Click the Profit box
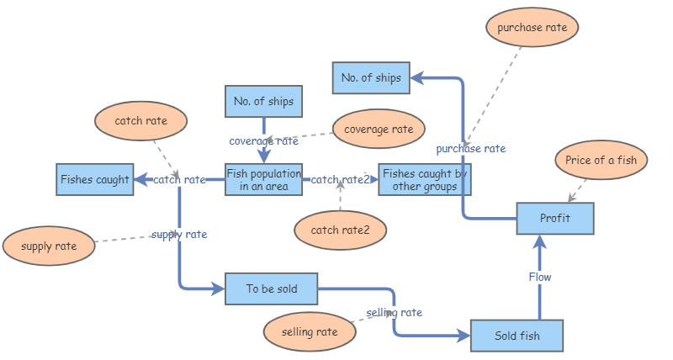pyautogui.click(x=555, y=219)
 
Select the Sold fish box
pyautogui.click(x=517, y=336)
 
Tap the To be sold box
pyautogui.click(x=272, y=289)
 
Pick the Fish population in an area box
pyautogui.click(x=263, y=179)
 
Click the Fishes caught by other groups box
pyautogui.click(x=423, y=179)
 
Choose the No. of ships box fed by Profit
pyautogui.click(x=371, y=78)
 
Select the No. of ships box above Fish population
pyautogui.click(x=263, y=102)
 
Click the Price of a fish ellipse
pyautogui.click(x=601, y=160)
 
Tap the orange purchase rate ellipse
pyautogui.click(x=532, y=28)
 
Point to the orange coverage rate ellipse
pyautogui.click(x=379, y=130)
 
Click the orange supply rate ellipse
pyautogui.click(x=48, y=246)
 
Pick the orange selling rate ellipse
pyautogui.click(x=309, y=332)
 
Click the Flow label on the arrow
pyautogui.click(x=539, y=277)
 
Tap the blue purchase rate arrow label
pyautogui.click(x=470, y=149)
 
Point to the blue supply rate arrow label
pyautogui.click(x=179, y=235)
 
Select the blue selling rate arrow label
pyautogui.click(x=394, y=312)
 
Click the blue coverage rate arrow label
pyautogui.click(x=263, y=140)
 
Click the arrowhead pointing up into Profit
pyautogui.click(x=540, y=242)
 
